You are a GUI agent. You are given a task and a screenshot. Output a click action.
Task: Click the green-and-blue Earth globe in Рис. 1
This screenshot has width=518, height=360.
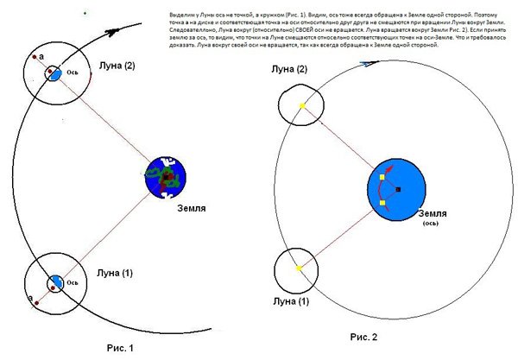point(166,179)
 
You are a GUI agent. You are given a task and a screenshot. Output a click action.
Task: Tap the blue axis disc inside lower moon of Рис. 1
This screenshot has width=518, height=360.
point(55,281)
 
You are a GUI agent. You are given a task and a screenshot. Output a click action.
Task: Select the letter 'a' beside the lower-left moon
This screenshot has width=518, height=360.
point(31,297)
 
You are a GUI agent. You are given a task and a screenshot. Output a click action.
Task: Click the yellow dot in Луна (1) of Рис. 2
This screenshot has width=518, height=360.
point(298,268)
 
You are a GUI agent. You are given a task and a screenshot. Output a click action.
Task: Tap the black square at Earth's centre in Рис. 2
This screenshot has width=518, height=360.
point(398,188)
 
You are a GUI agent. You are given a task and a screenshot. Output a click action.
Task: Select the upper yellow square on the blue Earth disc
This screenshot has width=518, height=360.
point(381,178)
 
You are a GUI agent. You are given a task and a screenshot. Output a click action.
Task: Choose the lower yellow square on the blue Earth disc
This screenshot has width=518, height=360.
point(381,204)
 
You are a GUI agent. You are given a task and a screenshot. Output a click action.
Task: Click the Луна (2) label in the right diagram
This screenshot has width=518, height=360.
point(290,69)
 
